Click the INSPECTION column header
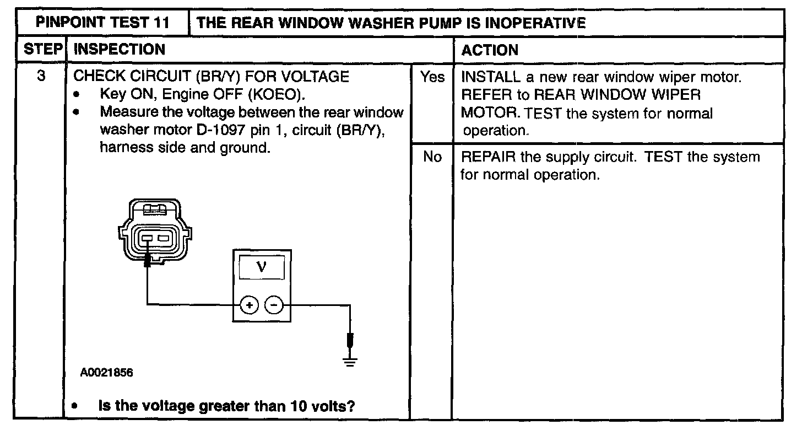[x=120, y=50]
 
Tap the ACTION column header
[x=490, y=50]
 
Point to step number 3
[x=41, y=76]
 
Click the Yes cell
[x=432, y=77]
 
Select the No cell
[x=432, y=158]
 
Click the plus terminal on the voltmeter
[x=249, y=305]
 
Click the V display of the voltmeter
[x=261, y=267]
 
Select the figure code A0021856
[x=106, y=373]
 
